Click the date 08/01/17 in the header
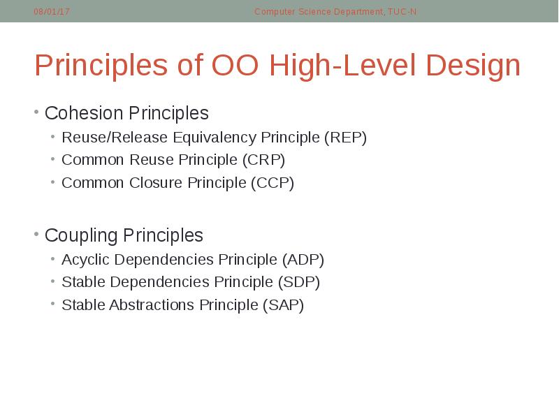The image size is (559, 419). point(52,12)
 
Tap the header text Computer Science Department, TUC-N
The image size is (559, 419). point(335,12)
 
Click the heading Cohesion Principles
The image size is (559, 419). point(126,113)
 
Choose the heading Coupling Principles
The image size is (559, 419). point(124,235)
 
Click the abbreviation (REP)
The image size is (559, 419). point(345,138)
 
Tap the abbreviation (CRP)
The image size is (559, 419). point(264,160)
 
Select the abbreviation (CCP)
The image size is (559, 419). point(273,183)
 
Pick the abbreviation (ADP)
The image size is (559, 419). point(303,260)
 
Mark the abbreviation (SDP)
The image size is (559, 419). point(299,282)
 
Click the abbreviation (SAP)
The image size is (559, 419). point(283,305)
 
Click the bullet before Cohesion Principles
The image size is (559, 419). point(36,112)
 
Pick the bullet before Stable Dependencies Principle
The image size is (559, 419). point(53,282)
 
